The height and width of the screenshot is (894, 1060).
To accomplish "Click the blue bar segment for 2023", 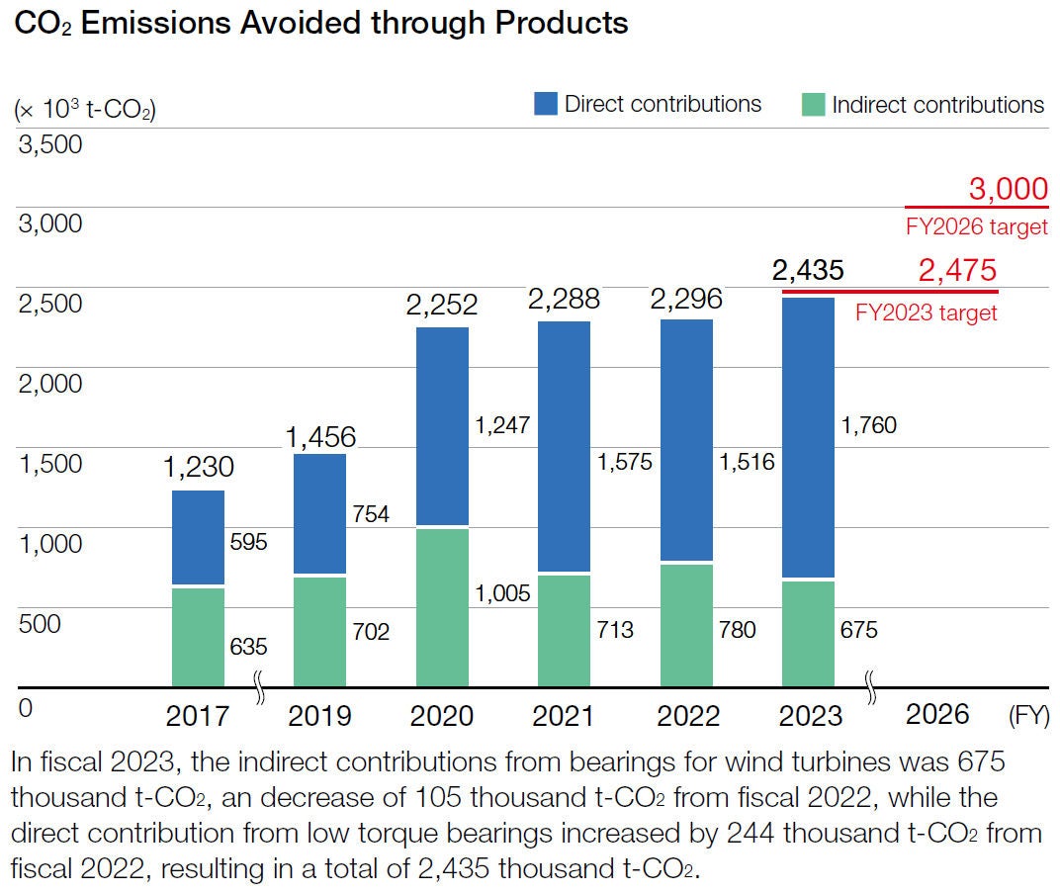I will [808, 436].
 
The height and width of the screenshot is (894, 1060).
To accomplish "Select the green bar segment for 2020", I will [442, 607].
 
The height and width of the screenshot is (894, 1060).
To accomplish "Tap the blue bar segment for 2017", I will [198, 537].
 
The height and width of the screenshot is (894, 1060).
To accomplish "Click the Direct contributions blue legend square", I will [546, 104].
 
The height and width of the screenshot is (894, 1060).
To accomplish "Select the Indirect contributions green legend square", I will [812, 105].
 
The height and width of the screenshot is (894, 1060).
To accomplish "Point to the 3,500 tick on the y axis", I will [50, 144].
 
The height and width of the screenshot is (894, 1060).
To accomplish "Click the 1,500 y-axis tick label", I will [50, 464].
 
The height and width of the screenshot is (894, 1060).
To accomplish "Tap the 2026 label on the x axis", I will [937, 714].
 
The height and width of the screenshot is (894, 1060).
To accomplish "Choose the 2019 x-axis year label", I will [319, 715].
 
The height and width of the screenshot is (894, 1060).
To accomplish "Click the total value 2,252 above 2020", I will [442, 305].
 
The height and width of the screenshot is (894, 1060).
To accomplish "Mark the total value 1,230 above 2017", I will [198, 467].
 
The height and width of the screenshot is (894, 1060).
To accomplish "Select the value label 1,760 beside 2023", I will [868, 426].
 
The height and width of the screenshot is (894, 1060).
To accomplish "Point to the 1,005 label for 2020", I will [502, 593].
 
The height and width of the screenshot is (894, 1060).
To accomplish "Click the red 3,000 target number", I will [1008, 189].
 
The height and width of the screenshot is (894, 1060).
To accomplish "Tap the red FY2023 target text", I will [927, 313].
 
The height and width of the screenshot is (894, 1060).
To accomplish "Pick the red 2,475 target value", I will [956, 270].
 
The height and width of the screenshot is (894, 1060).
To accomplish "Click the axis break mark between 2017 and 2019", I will [260, 688].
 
